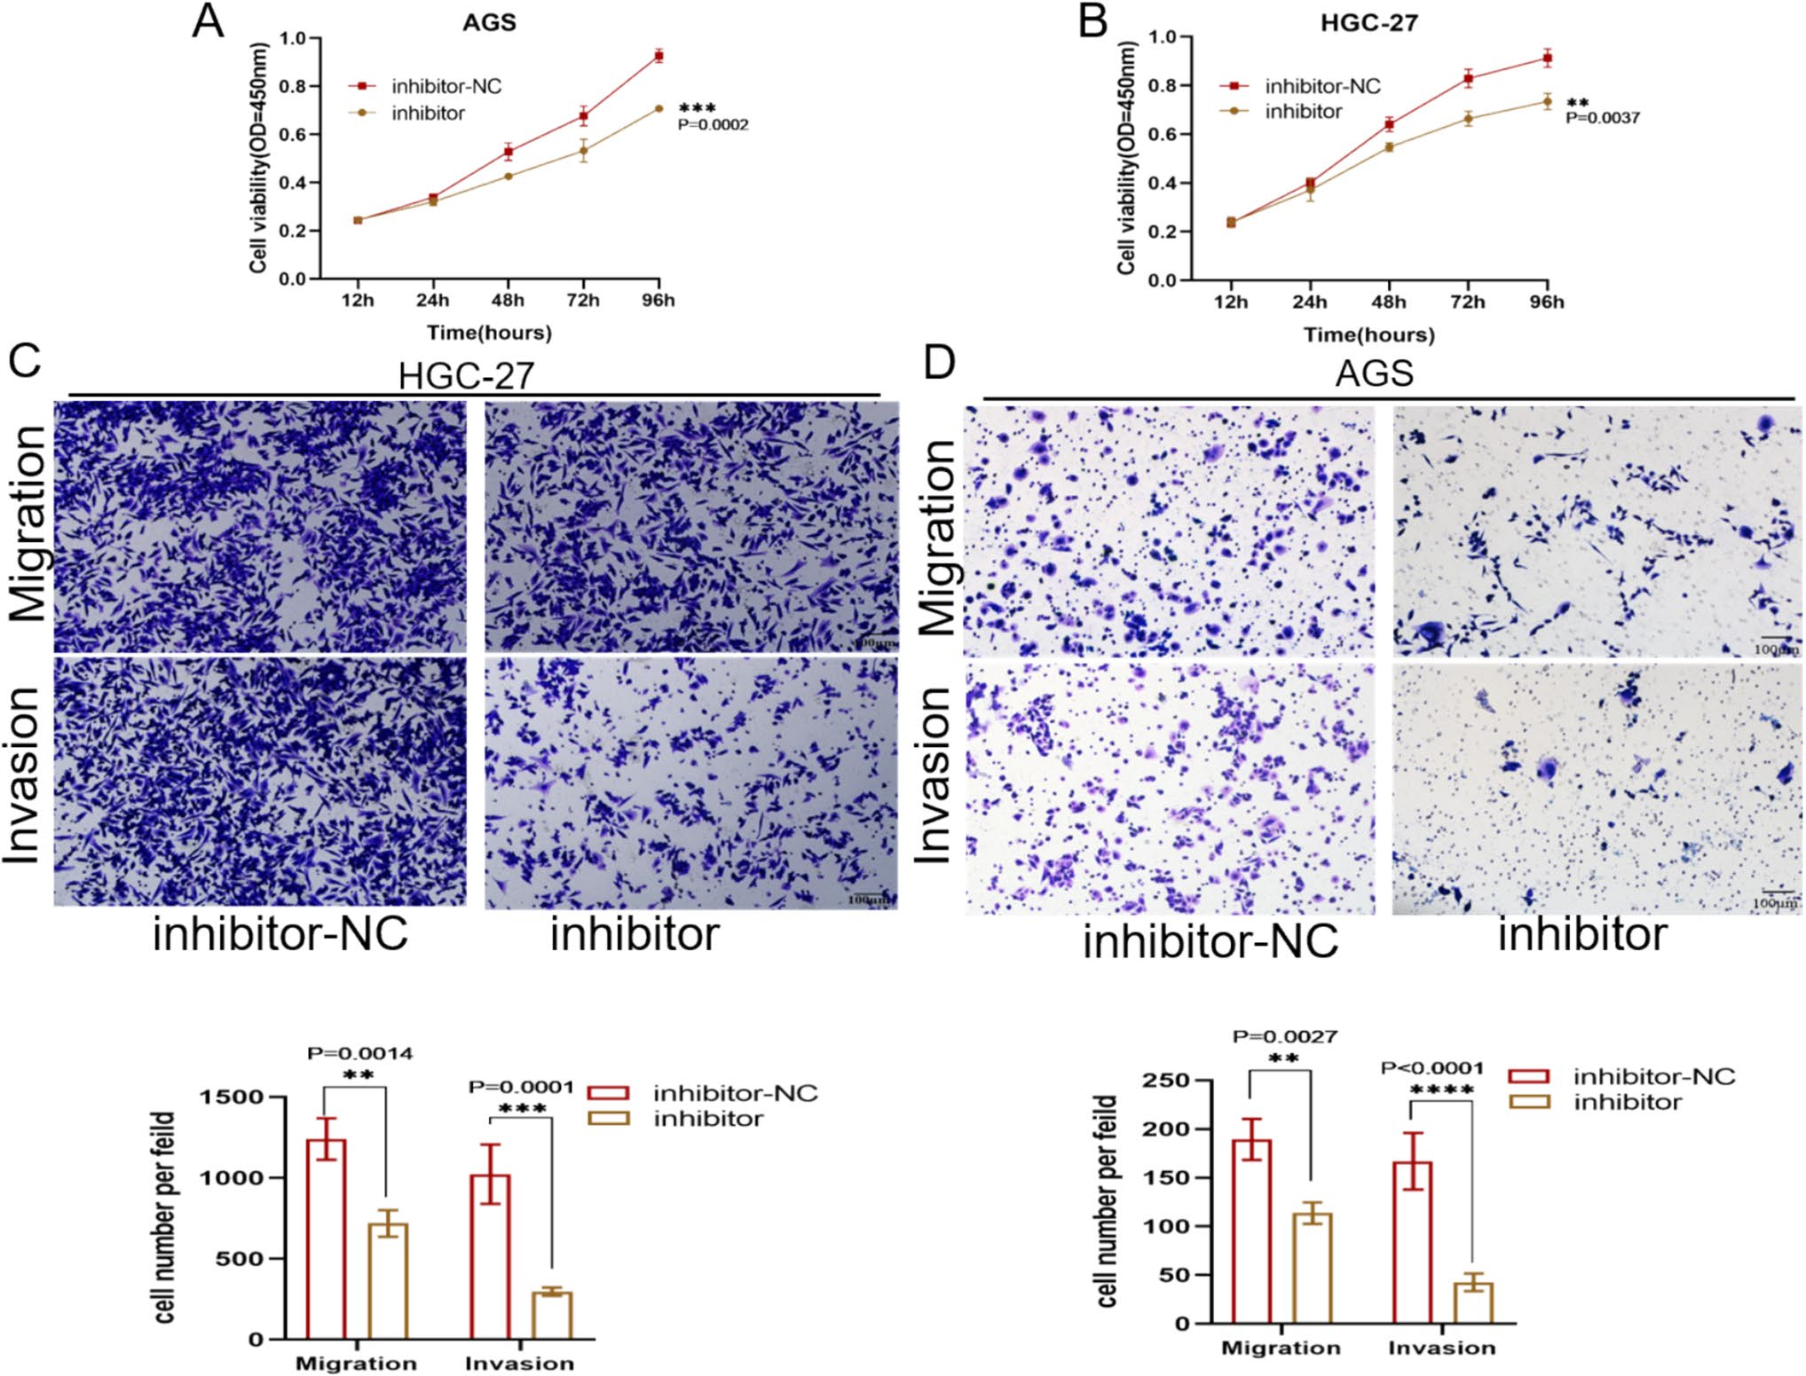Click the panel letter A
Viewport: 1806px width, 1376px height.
pyautogui.click(x=208, y=21)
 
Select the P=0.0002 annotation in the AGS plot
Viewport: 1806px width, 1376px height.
pyautogui.click(x=713, y=125)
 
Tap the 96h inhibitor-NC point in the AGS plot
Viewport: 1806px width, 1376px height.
pyautogui.click(x=659, y=56)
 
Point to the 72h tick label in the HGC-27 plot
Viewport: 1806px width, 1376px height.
pyautogui.click(x=1467, y=302)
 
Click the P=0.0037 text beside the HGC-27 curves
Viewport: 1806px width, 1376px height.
pyautogui.click(x=1602, y=117)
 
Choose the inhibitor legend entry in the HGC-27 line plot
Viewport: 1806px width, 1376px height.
pyautogui.click(x=1302, y=112)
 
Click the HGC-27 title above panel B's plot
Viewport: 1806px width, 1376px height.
pyautogui.click(x=1368, y=22)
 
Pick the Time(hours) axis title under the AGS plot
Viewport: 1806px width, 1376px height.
pyautogui.click(x=489, y=333)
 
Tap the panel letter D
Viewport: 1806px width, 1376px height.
pyautogui.click(x=939, y=362)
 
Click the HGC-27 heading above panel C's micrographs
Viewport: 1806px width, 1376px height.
pyautogui.click(x=466, y=375)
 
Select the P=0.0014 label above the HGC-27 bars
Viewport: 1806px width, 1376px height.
pyautogui.click(x=359, y=1053)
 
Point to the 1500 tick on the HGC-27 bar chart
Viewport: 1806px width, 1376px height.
pyautogui.click(x=232, y=1097)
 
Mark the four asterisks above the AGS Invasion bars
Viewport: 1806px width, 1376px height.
pyautogui.click(x=1441, y=1089)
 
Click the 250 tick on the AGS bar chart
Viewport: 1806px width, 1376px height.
pyautogui.click(x=1164, y=1081)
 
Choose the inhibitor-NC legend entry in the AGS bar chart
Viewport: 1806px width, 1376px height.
pyautogui.click(x=1653, y=1076)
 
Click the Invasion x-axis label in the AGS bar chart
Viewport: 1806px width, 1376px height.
pyautogui.click(x=1441, y=1348)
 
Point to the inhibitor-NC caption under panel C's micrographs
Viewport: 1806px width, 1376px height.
pyautogui.click(x=280, y=933)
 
